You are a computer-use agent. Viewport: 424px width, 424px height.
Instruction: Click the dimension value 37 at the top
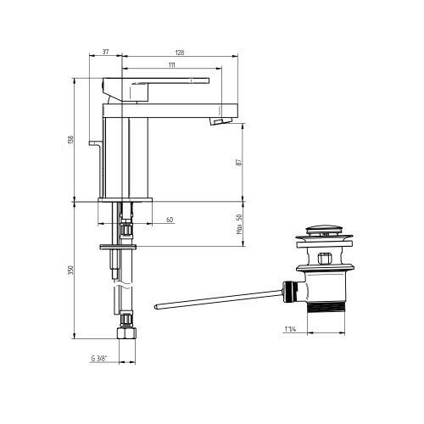[106, 52]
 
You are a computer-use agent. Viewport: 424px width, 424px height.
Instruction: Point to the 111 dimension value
[172, 64]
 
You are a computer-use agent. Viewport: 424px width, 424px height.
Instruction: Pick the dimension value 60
[170, 220]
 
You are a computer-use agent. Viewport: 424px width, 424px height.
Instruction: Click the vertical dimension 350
[70, 270]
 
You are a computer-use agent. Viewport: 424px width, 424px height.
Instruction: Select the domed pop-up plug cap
[326, 229]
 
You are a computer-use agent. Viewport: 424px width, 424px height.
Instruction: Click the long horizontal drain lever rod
[216, 298]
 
